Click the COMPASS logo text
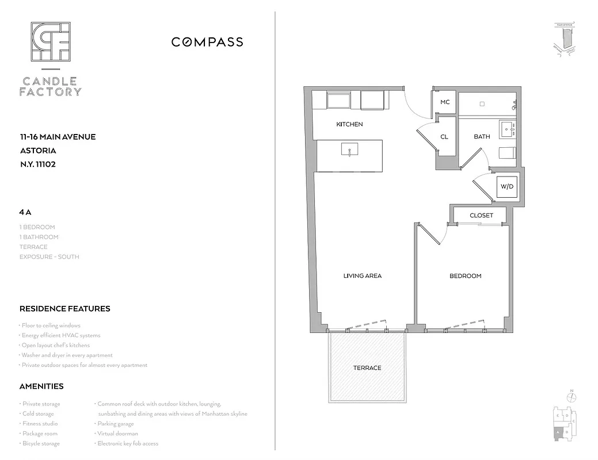click(207, 42)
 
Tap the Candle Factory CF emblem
click(51, 42)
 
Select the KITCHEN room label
click(349, 124)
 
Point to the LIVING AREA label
click(362, 276)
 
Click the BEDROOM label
click(465, 276)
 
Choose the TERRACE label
click(367, 368)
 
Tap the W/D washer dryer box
click(506, 187)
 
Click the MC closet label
click(445, 102)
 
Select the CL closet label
click(444, 137)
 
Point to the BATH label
click(482, 137)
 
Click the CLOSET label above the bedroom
click(481, 216)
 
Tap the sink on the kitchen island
click(349, 151)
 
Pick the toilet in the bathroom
click(506, 153)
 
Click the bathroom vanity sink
click(507, 129)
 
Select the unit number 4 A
click(25, 212)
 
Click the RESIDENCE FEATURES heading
click(64, 309)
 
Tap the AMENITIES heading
click(41, 386)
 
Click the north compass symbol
click(571, 397)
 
